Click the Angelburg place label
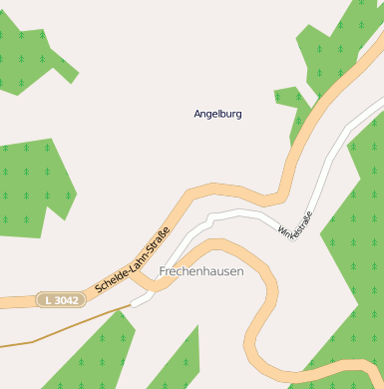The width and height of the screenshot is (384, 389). (x=217, y=114)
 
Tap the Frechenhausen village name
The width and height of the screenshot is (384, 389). (x=200, y=271)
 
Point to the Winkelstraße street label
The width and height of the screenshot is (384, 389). (x=295, y=227)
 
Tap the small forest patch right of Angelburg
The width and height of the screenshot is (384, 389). (x=289, y=97)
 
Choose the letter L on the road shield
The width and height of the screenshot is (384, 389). (x=46, y=299)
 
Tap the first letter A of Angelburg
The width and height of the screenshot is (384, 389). (x=197, y=114)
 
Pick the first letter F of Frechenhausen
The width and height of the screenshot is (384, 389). (x=163, y=271)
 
